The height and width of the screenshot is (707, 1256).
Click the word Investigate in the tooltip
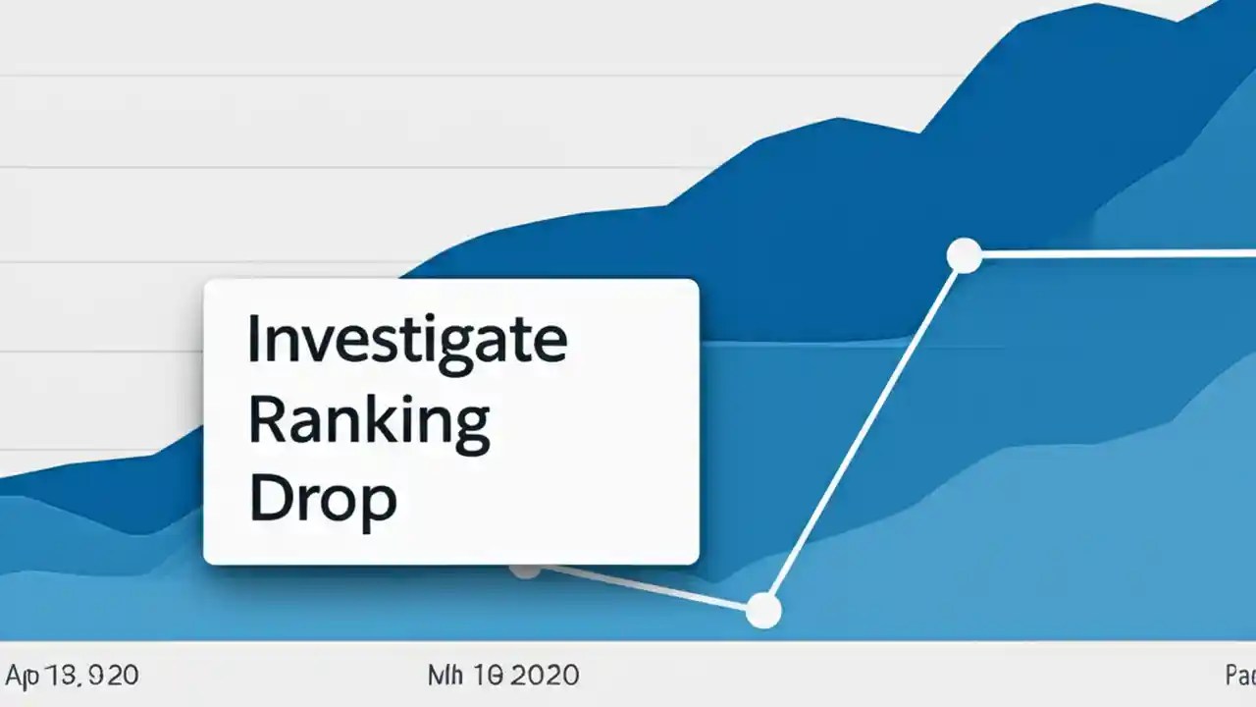[406, 340]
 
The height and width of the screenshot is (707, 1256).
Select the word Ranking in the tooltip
[369, 420]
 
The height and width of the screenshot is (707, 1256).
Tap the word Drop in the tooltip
[322, 500]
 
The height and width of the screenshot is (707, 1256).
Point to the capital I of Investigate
[252, 340]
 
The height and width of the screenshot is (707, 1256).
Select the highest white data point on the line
[965, 255]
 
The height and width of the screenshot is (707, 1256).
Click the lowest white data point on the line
[762, 611]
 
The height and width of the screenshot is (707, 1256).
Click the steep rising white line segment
[863, 433]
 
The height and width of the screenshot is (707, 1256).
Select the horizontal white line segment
[1109, 254]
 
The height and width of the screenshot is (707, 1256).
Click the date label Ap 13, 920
[73, 676]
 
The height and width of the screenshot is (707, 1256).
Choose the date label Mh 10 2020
[502, 676]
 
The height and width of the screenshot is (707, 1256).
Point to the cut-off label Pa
[1239, 676]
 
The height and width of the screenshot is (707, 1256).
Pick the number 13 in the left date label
[60, 676]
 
